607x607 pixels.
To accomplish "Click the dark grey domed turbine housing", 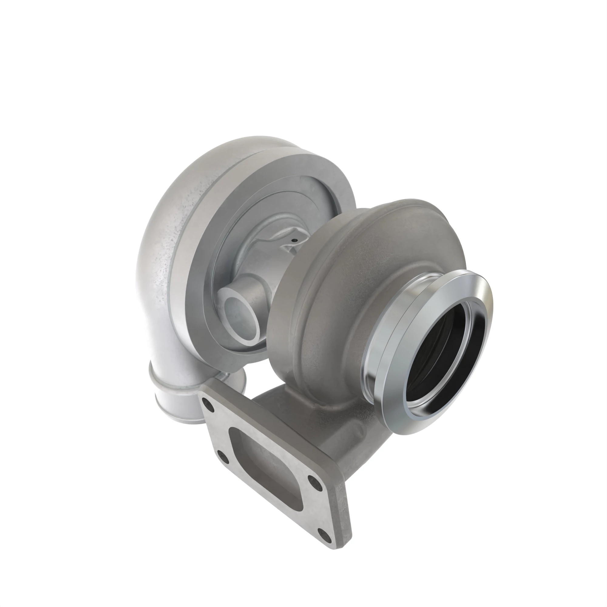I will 361,267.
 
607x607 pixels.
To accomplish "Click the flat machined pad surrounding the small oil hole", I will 287,245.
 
